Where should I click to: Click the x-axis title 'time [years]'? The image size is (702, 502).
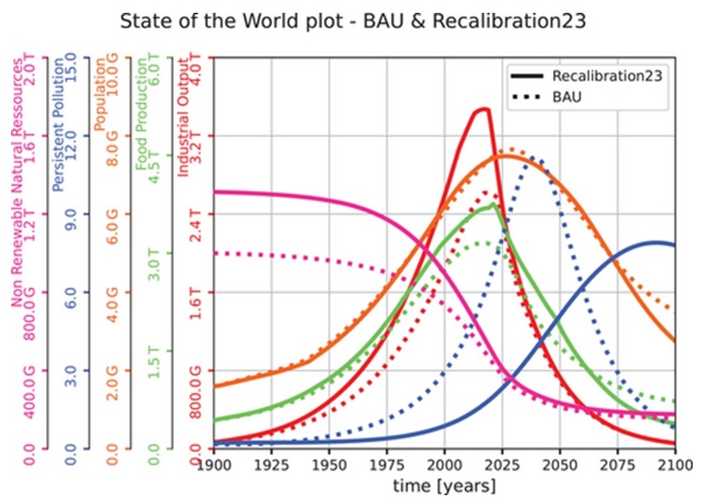443,487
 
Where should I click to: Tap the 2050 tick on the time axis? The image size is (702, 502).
558,465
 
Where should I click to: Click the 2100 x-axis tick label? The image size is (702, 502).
673,465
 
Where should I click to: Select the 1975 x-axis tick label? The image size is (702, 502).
386,465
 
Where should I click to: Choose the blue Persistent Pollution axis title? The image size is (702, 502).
58,119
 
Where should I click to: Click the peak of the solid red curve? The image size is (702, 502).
483,108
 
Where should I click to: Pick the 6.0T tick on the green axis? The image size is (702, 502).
155,66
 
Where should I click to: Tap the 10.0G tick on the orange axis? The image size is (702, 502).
114,66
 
